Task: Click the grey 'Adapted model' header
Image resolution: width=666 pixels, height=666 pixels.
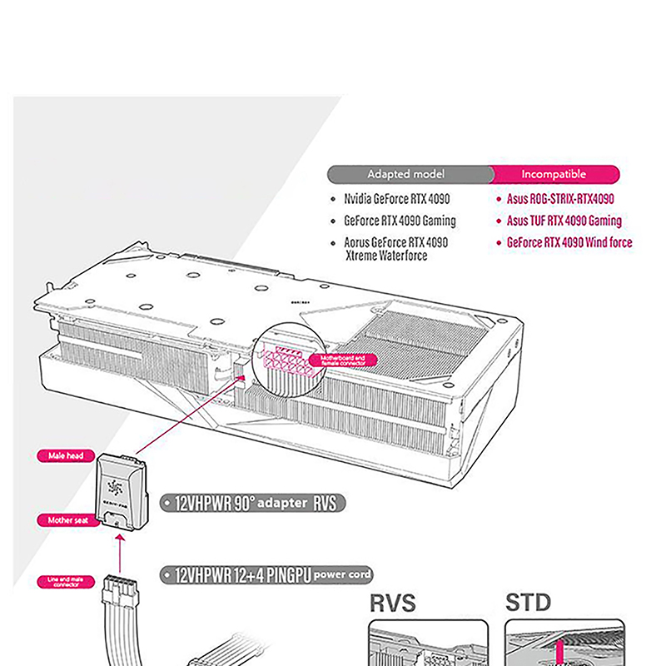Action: click(x=407, y=174)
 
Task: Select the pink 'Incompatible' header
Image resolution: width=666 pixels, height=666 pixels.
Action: click(x=554, y=174)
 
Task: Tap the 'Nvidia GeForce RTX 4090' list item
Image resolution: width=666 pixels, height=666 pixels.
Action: click(x=395, y=200)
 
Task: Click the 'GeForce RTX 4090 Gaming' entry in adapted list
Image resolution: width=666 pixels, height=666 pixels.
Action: click(x=400, y=221)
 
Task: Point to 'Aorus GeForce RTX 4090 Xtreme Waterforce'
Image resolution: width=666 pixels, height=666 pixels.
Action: click(x=396, y=249)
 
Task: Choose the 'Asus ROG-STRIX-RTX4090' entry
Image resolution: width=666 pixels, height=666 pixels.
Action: click(x=560, y=200)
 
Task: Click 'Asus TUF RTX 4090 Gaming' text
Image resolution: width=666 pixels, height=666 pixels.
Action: click(x=564, y=221)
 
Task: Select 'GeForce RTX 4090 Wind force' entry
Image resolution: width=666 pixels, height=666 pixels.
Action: click(x=569, y=243)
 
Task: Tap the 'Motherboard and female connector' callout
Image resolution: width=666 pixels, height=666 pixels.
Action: click(x=341, y=360)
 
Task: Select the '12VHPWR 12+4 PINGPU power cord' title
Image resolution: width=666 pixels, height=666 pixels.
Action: click(x=266, y=574)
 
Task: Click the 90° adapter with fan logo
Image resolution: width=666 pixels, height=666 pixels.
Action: click(x=122, y=491)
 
